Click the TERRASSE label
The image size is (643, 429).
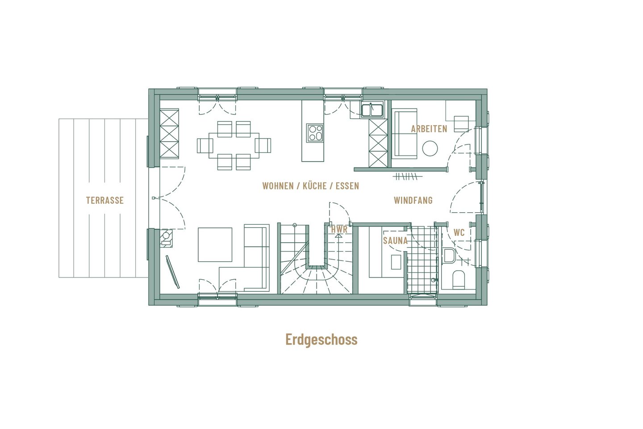coord(105,200)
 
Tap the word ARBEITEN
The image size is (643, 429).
coord(429,129)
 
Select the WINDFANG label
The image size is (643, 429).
coord(413,200)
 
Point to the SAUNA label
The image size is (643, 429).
coord(395,240)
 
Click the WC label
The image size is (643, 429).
coord(459,232)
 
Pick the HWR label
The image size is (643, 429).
coord(339,229)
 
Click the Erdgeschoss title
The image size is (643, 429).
coord(321,339)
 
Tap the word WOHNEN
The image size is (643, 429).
coord(278,186)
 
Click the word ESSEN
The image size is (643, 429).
coord(347,186)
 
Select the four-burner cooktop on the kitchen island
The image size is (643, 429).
coord(315,133)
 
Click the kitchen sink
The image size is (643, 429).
coord(372,109)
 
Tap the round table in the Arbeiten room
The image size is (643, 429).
coord(430,148)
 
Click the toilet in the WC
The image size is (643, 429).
coord(459,279)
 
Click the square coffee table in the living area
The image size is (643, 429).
coord(215,244)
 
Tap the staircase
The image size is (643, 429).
coord(316,259)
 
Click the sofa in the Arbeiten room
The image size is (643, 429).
coord(405,133)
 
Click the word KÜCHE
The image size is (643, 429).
coord(315,186)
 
